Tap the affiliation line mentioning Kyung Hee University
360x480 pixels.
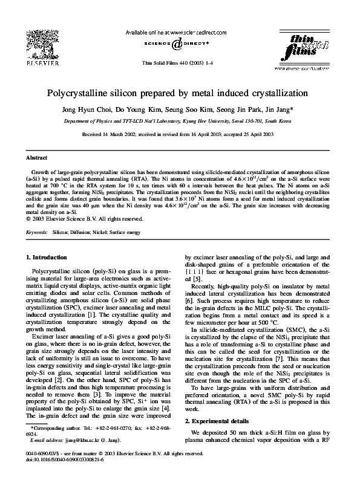tap(180, 121)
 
